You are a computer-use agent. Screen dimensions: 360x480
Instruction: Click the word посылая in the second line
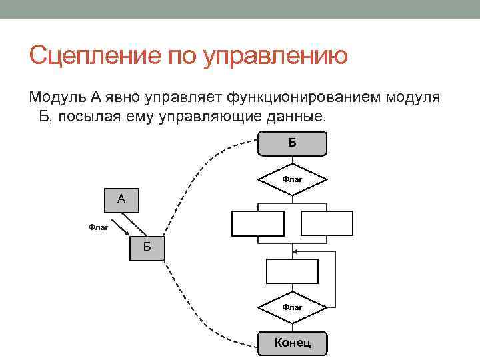[x=101, y=117]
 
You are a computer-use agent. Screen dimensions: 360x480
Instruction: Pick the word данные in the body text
[x=299, y=117]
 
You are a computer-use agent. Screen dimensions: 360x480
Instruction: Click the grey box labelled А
[x=121, y=199]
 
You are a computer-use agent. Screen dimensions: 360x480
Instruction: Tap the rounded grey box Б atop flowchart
[x=293, y=143]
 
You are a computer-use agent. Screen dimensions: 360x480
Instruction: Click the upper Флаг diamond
[x=292, y=179]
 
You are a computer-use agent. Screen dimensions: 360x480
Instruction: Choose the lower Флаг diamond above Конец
[x=292, y=307]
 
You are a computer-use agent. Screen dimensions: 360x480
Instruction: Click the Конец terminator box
[x=293, y=343]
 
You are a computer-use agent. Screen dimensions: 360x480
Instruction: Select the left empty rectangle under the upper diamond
[x=257, y=223]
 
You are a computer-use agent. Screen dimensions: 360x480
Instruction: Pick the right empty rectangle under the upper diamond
[x=327, y=223]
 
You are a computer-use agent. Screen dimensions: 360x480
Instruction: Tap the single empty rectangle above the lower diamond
[x=292, y=271]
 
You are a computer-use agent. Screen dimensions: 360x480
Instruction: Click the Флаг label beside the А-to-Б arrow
[x=98, y=227]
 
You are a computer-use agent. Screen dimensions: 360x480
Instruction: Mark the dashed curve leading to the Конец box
[x=200, y=307]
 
